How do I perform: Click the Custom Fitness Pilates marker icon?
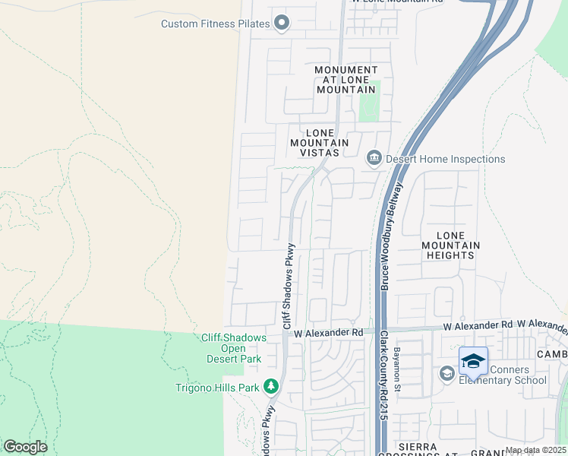(282, 23)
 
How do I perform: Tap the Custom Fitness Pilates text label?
(215, 24)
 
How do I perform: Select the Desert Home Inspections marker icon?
(374, 158)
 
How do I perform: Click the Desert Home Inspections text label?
(445, 159)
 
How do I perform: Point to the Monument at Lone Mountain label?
(346, 80)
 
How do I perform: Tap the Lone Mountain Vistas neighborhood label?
(319, 142)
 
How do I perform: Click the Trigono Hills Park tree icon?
(271, 387)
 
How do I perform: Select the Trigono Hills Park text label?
(218, 387)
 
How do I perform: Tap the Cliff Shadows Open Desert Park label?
(232, 348)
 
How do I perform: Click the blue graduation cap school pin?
(473, 361)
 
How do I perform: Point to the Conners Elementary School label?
(502, 375)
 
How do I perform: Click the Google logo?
(25, 447)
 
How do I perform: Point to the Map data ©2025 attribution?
(535, 450)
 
